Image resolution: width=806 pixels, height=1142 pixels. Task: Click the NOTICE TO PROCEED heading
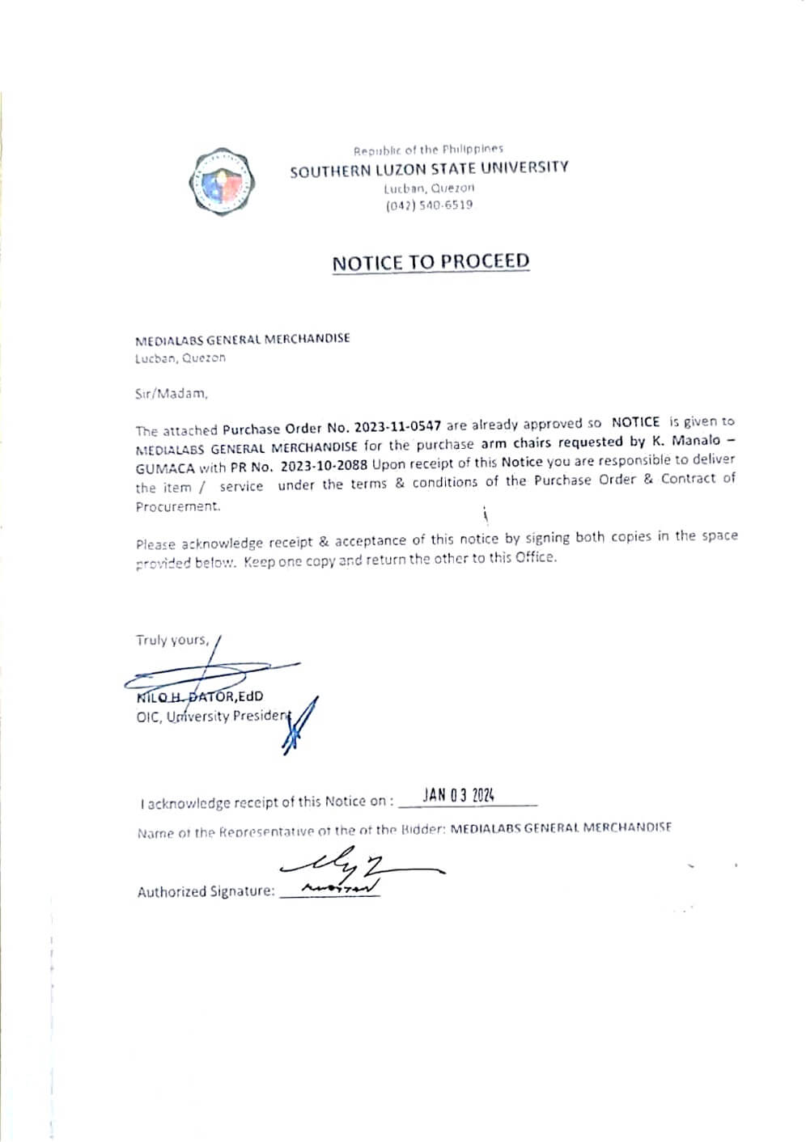coord(431,262)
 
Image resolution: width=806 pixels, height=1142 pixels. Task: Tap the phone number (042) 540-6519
coord(429,205)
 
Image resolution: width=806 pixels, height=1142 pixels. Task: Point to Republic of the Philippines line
coord(428,150)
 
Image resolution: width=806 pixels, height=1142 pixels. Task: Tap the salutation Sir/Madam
coord(172,394)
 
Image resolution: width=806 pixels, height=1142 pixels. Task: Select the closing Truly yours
coord(172,640)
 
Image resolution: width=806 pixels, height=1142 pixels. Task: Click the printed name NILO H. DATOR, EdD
coord(200,696)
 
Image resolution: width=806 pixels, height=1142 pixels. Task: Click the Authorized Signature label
coord(206,891)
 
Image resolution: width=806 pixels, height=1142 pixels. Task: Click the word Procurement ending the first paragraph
coord(177,506)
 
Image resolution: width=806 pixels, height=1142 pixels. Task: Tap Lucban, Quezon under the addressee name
coord(180,357)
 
